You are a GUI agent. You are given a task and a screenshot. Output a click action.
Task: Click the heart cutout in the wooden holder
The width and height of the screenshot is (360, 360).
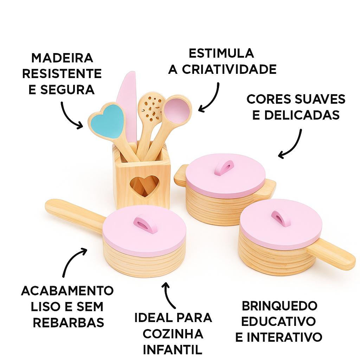pyautogui.click(x=142, y=185)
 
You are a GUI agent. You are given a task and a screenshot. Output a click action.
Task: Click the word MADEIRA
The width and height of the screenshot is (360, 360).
pyautogui.click(x=62, y=58)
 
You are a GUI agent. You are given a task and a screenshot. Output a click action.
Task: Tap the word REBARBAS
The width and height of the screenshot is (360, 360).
pyautogui.click(x=69, y=322)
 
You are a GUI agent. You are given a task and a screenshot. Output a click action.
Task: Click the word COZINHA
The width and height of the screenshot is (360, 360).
pyautogui.click(x=173, y=334)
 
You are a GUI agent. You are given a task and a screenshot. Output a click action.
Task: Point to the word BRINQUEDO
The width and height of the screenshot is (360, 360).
pyautogui.click(x=279, y=306)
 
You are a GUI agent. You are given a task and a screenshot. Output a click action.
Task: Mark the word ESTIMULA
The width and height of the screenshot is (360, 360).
pyautogui.click(x=221, y=53)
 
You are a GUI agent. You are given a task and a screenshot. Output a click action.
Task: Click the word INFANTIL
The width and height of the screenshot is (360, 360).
pyautogui.click(x=173, y=350)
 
